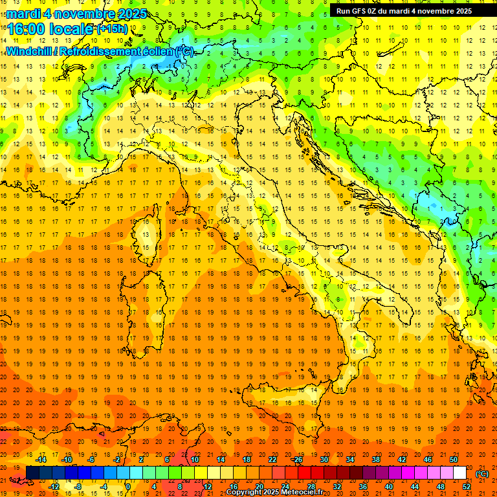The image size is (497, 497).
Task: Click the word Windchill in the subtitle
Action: (28, 51)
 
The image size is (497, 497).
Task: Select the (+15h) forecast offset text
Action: (112, 28)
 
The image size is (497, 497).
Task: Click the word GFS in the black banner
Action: (361, 10)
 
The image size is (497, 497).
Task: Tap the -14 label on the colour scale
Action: (41, 459)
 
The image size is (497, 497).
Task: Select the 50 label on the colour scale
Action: (454, 459)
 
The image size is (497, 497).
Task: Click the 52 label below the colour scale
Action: (467, 486)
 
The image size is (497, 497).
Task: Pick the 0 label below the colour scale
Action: (128, 486)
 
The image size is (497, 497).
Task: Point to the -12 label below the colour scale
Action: (54, 486)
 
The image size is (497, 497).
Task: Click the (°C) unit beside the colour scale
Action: (482, 473)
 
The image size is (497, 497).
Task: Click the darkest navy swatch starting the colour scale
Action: (32, 473)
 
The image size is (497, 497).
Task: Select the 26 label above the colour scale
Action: (297, 459)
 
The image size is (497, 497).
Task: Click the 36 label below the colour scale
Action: (362, 486)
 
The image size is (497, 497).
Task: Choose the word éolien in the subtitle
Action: (157, 51)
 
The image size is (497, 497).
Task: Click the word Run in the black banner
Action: (344, 10)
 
